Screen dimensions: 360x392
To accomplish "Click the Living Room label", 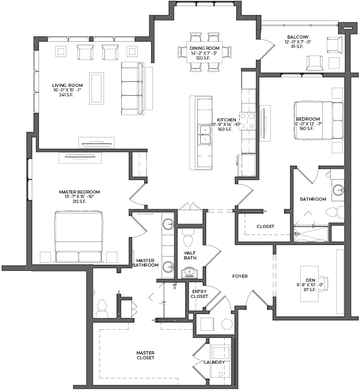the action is coord(67,85).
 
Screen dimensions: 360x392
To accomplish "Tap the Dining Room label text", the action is coord(204,48).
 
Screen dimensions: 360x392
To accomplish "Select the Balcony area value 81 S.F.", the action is coord(297,47).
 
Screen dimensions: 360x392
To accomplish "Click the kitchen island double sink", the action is coord(205,135).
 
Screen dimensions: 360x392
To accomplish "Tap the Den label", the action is coord(310,280).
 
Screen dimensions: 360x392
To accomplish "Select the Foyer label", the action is coord(240,276).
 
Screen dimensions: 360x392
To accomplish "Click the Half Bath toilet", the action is coord(188,238).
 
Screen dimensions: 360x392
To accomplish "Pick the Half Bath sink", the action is coord(189,273).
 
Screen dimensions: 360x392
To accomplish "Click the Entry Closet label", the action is coord(199,294).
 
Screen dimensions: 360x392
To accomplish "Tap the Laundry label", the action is coord(214,362).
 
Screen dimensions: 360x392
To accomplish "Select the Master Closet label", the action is coord(145,355).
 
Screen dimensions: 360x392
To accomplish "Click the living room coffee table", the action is coord(96,88).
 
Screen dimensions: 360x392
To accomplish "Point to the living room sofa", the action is coord(133,89).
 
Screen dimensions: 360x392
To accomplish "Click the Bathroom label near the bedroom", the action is coord(313,199).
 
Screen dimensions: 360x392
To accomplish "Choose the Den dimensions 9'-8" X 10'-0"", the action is coord(310,285).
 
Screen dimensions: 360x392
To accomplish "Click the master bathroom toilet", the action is coord(102,309).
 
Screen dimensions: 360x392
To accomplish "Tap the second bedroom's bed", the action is coord(318,120).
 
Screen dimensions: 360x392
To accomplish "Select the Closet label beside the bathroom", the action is coord(265,227).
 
